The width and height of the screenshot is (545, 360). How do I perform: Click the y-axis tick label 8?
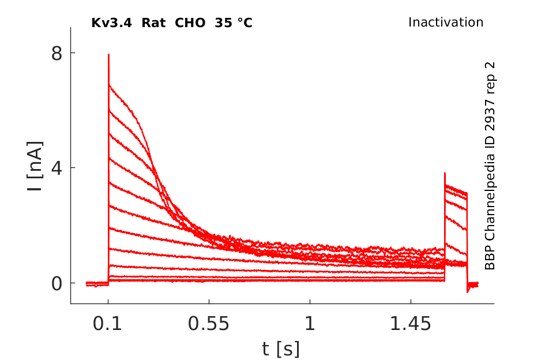pyautogui.click(x=56, y=53)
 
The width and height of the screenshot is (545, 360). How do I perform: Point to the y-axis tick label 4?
pyautogui.click(x=56, y=168)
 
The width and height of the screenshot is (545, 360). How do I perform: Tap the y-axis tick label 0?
pyautogui.click(x=56, y=283)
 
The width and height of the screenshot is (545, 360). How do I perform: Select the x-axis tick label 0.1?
pyautogui.click(x=108, y=324)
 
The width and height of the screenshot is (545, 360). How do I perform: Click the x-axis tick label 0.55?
pyautogui.click(x=209, y=324)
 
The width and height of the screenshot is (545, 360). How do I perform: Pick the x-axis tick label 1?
pyautogui.click(x=310, y=324)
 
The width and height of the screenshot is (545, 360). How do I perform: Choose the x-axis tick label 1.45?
pyautogui.click(x=411, y=324)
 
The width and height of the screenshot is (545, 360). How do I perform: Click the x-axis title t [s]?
pyautogui.click(x=281, y=348)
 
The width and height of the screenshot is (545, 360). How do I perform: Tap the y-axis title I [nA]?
pyautogui.click(x=35, y=167)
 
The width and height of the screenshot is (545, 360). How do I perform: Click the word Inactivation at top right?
pyautogui.click(x=446, y=22)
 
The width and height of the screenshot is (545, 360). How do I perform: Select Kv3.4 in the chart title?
pyautogui.click(x=110, y=23)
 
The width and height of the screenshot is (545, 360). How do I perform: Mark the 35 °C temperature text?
pyautogui.click(x=233, y=23)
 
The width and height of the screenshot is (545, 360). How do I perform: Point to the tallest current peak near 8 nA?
pyautogui.click(x=108, y=55)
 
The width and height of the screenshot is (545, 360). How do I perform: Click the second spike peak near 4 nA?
pyautogui.click(x=445, y=173)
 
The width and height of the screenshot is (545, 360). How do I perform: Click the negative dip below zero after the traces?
pyautogui.click(x=468, y=291)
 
